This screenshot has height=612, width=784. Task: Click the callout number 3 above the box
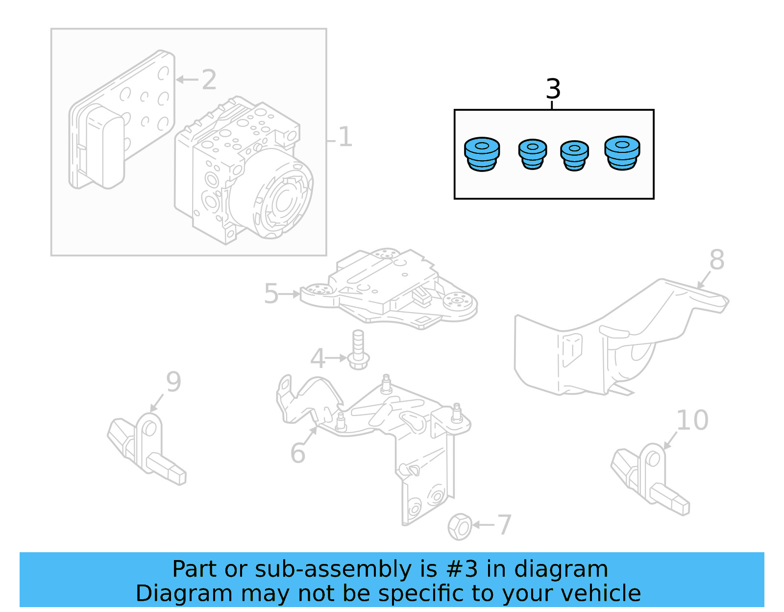(553, 89)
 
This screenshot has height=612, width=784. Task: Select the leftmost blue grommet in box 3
(482, 154)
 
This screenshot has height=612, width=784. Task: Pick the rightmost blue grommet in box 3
(622, 153)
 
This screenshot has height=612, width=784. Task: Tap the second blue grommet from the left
(532, 154)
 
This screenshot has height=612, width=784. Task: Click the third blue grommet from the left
(574, 156)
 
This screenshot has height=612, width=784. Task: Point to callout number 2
(209, 79)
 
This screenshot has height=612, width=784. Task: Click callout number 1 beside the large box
(345, 137)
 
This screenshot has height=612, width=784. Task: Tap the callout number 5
(271, 294)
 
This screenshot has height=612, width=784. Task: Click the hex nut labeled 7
(460, 527)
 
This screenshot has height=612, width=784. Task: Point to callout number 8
(716, 260)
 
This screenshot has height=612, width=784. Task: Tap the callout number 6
(297, 453)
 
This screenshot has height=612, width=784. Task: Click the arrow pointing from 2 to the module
(187, 79)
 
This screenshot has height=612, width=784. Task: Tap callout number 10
(692, 420)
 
